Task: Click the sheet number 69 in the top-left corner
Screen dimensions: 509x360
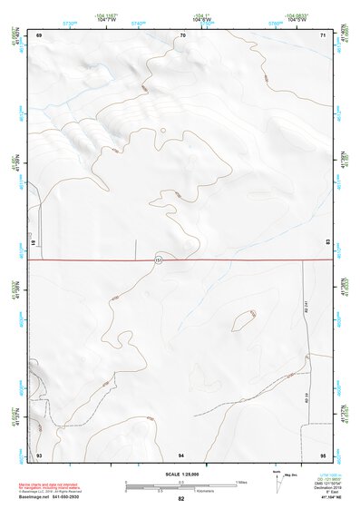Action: click(x=39, y=34)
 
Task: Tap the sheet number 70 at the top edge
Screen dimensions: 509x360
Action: click(x=182, y=34)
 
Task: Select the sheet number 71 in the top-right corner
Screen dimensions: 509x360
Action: click(x=323, y=34)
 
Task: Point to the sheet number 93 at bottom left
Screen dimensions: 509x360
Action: click(x=39, y=454)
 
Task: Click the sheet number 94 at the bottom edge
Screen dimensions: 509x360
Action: click(x=181, y=454)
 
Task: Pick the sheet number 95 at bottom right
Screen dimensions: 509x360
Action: click(x=323, y=454)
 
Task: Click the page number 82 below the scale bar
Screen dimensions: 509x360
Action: click(x=181, y=499)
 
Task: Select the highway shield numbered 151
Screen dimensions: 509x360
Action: click(x=159, y=260)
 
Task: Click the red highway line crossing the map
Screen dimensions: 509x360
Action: click(x=236, y=260)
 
